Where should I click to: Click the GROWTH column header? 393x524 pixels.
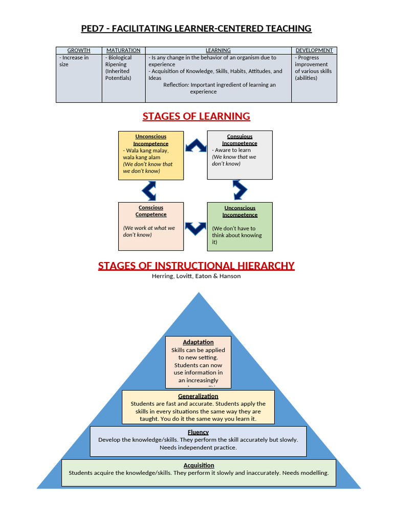click(x=79, y=50)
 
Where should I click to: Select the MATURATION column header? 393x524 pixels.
click(x=123, y=50)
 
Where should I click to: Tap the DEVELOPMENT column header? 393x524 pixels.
click(x=314, y=50)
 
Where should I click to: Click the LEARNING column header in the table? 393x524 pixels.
click(x=218, y=50)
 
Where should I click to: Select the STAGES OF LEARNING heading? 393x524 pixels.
click(x=196, y=116)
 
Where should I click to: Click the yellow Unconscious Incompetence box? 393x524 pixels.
click(x=150, y=155)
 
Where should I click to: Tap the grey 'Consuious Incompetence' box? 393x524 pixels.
click(x=239, y=155)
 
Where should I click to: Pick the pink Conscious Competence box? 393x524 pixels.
click(x=150, y=226)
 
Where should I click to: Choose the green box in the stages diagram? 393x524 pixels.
click(x=239, y=226)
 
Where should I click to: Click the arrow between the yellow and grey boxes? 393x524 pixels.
click(x=195, y=147)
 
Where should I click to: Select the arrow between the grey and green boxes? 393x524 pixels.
click(x=239, y=190)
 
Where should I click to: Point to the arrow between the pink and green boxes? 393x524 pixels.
click(x=195, y=228)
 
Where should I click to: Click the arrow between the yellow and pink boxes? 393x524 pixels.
click(x=149, y=190)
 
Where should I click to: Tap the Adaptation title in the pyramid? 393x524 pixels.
click(x=198, y=342)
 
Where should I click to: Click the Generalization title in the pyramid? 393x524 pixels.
click(x=198, y=396)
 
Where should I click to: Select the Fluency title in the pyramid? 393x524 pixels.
click(x=198, y=432)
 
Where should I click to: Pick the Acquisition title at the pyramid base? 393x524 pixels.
click(x=198, y=465)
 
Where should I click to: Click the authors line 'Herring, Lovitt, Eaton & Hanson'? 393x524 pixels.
click(x=196, y=276)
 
